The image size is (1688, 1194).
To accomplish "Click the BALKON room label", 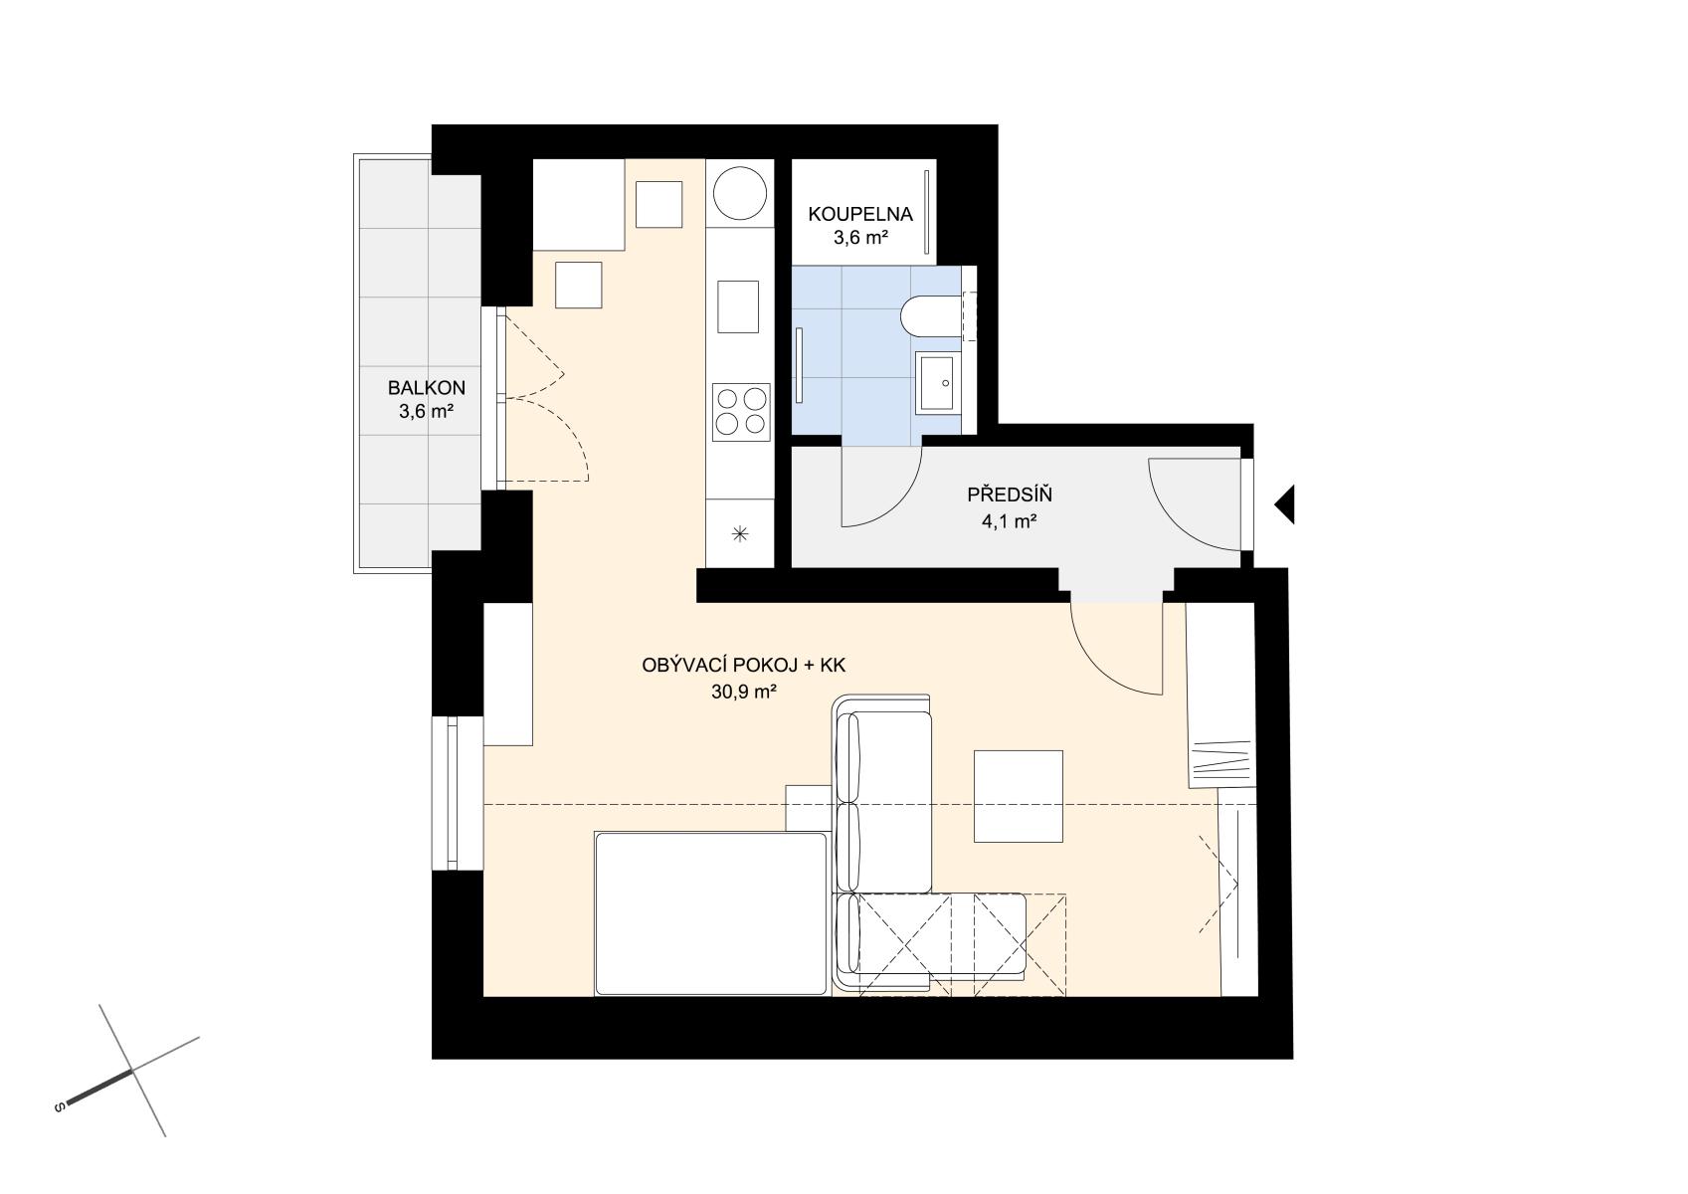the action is point(427,387).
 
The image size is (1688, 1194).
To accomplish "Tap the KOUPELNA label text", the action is point(859,214).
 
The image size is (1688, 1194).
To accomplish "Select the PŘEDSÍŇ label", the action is point(1010,495).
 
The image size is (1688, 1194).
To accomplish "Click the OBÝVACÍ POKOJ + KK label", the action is point(744,665).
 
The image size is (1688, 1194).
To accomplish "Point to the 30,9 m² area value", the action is point(744,692).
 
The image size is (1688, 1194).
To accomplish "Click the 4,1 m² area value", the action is point(1010,520).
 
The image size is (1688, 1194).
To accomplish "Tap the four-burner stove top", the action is point(741,412).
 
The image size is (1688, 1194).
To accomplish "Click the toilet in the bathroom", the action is point(931,316).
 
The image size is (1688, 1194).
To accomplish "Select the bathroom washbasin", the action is point(938,383).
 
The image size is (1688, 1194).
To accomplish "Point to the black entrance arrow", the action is point(1284,504).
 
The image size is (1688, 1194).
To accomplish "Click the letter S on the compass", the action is point(58,1107).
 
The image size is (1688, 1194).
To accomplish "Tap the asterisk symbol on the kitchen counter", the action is point(740,534).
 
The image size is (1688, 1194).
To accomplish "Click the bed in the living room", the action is point(710,913).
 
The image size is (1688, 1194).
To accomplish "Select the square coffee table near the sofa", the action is point(1019,796).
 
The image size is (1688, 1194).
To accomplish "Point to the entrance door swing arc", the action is point(1173,517).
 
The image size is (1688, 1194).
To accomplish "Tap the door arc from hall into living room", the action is point(1097,668).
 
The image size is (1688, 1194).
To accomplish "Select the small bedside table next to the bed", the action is point(808,807).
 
